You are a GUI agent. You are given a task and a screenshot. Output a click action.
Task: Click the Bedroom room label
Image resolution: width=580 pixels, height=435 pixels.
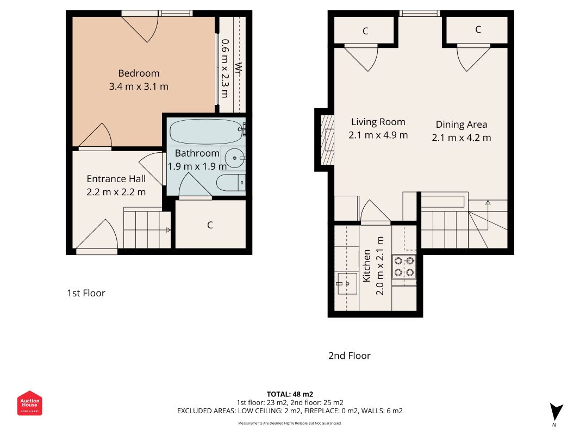point(139,73)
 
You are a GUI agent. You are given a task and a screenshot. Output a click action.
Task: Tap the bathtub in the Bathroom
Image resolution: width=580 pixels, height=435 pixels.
point(207,131)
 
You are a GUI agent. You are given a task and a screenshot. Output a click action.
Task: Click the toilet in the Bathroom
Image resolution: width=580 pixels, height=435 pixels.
point(231,183)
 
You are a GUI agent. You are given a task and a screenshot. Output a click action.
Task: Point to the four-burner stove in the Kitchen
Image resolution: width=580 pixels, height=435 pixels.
point(404,266)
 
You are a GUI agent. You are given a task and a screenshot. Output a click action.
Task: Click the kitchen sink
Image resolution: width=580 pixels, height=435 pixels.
point(347,284)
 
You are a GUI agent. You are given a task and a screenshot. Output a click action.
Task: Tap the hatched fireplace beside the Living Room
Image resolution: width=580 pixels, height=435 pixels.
point(327,140)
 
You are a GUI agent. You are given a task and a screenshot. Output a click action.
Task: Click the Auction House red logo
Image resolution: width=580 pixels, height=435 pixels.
point(29,403)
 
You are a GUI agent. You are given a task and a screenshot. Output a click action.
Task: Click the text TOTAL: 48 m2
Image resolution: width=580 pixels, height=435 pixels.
point(290,394)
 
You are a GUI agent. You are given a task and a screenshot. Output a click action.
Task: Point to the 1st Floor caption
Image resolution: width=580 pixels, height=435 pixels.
point(86,293)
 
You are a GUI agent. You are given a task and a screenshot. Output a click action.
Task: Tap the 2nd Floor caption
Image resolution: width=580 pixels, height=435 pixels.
point(349,356)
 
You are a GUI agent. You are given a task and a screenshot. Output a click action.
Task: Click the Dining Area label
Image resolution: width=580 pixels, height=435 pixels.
point(461,125)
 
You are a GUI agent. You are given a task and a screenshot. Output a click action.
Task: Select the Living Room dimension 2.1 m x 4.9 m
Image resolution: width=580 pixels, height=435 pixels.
point(378,135)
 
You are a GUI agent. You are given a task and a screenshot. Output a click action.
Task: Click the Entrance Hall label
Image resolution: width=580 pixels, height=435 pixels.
point(116,179)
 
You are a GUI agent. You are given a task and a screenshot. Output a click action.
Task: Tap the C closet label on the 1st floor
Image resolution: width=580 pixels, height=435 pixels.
point(210,225)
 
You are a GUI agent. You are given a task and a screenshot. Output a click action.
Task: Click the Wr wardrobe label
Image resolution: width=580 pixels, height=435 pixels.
point(239,69)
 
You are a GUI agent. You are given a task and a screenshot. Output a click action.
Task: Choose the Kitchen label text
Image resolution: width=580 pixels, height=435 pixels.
point(366,265)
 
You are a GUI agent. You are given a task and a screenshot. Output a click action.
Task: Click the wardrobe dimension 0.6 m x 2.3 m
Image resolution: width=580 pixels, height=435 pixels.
point(225,69)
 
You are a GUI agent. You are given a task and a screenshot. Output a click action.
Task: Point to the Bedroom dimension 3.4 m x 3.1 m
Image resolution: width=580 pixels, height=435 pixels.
point(139,86)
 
